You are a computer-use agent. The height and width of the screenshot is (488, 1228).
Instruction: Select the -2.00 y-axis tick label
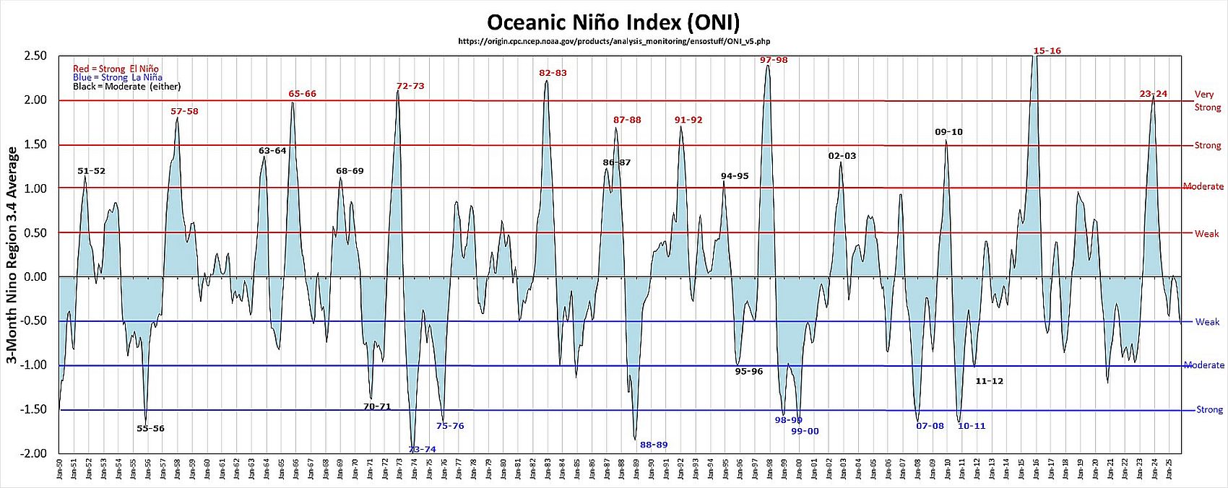coord(35,453)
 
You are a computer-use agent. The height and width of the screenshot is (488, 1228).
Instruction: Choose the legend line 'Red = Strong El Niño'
coord(116,69)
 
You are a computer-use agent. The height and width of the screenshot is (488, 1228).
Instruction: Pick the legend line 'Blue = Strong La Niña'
coord(117,77)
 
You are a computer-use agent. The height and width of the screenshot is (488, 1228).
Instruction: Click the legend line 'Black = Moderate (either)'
coord(126,87)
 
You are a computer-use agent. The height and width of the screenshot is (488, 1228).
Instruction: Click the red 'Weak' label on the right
coord(1206,233)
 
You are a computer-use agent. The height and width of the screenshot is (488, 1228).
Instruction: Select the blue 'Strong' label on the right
coord(1209,410)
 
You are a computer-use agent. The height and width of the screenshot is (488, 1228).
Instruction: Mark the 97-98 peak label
coord(774,60)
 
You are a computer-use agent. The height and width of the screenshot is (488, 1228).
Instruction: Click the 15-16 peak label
coord(1047,51)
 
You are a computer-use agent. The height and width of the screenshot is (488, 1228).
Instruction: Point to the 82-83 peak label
coord(553,73)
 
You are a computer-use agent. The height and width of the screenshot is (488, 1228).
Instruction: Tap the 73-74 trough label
coord(423,449)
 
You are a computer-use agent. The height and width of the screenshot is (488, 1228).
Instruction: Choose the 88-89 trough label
coord(654,445)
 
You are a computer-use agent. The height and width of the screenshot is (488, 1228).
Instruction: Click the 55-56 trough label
coord(150,429)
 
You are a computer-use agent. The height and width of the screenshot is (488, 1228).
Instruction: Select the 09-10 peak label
coord(948,132)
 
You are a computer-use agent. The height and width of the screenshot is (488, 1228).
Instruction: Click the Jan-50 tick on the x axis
coord(60,473)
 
